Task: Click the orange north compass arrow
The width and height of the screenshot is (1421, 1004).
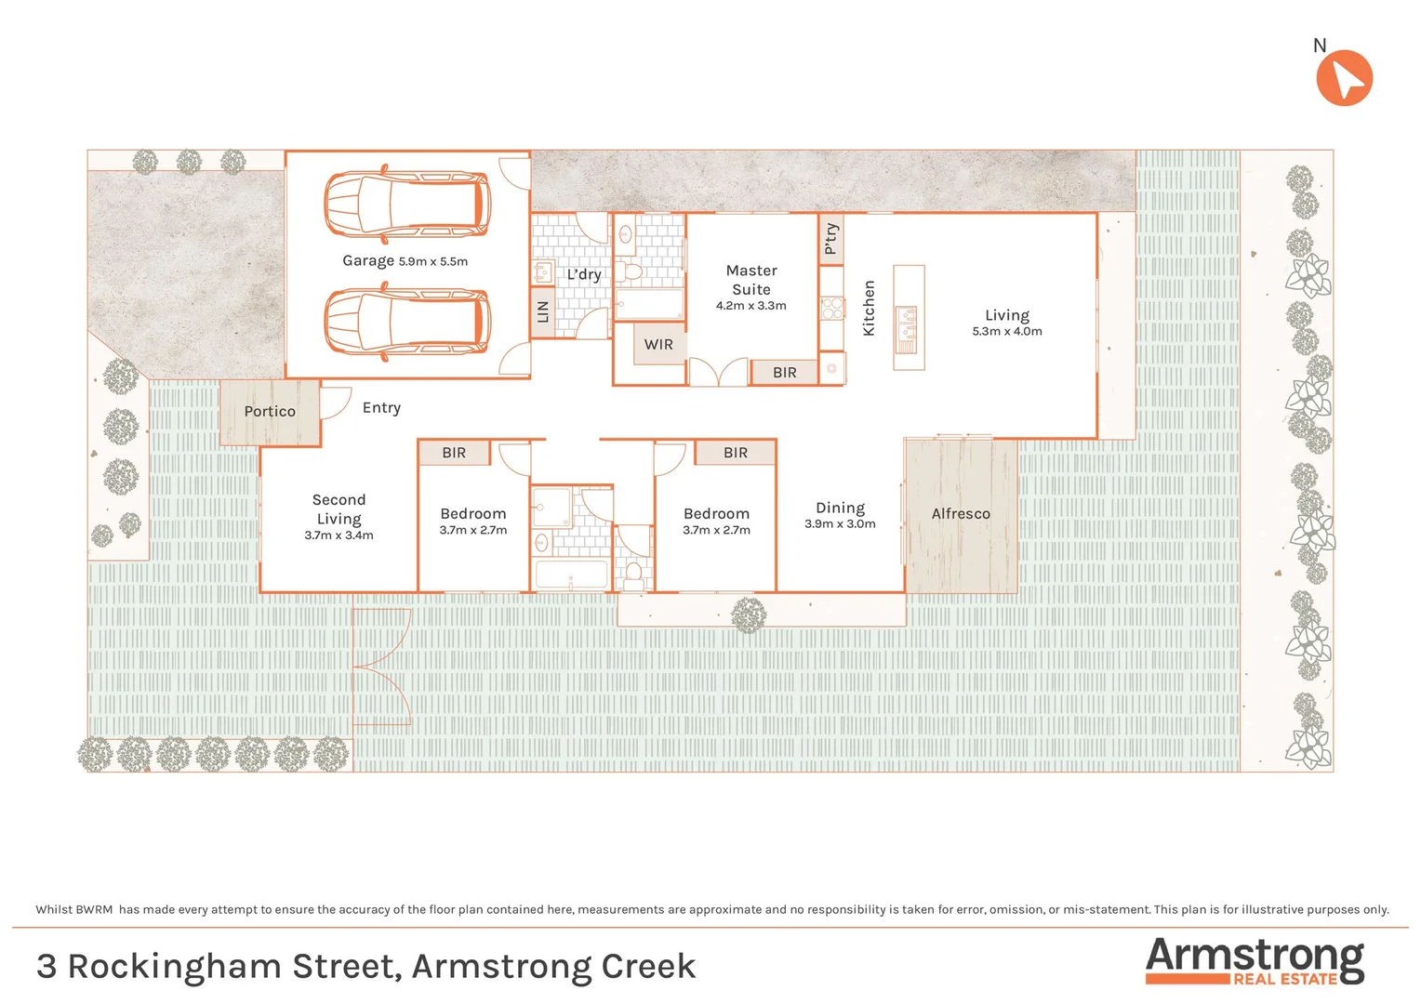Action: (x=1344, y=78)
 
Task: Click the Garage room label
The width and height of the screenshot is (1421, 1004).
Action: (x=368, y=261)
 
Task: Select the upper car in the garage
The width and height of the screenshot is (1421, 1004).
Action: (x=407, y=203)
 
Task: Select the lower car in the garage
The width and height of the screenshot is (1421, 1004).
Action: (x=407, y=322)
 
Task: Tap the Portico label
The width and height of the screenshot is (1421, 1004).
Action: (x=270, y=412)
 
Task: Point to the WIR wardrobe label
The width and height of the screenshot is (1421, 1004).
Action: (x=658, y=345)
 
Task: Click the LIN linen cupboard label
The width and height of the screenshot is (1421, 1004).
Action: (x=543, y=312)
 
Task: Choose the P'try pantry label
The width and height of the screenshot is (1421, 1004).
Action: (x=831, y=239)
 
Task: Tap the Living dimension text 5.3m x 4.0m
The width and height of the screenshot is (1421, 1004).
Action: (x=1007, y=332)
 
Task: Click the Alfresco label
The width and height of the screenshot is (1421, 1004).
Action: (x=961, y=514)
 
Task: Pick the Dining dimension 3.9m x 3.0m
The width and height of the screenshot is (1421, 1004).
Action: (x=840, y=524)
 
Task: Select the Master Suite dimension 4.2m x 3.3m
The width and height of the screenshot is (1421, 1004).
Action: (x=750, y=306)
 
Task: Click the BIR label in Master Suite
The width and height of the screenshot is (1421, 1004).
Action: (x=785, y=373)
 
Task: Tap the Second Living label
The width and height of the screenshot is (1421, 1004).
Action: (x=339, y=509)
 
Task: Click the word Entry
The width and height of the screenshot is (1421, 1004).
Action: (x=381, y=408)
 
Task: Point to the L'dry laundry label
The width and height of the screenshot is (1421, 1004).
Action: (x=584, y=274)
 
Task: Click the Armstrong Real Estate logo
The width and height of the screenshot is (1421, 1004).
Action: (x=1255, y=961)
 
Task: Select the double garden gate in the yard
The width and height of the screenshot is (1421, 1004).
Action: (x=382, y=667)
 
